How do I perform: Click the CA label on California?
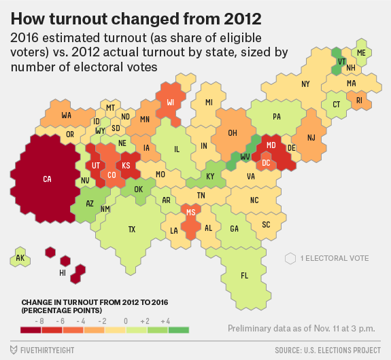(x=47, y=179)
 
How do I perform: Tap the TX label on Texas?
(x=132, y=230)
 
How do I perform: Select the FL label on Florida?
(x=244, y=276)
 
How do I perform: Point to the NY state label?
(x=305, y=84)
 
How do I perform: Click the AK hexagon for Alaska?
(x=20, y=259)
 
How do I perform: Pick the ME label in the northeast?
(x=361, y=52)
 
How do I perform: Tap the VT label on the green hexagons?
(x=341, y=60)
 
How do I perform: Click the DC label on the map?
(x=267, y=163)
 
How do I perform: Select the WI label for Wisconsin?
(x=171, y=103)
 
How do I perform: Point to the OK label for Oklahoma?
(x=139, y=190)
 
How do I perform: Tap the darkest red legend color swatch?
(x=31, y=330)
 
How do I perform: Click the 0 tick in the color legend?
(x=125, y=320)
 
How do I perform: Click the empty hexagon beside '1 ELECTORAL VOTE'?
(x=290, y=258)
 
